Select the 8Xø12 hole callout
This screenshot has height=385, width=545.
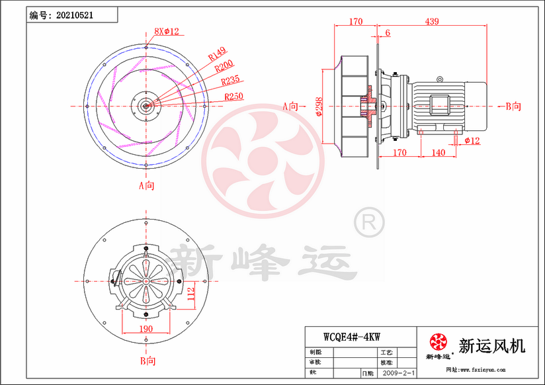pyautogui.click(x=167, y=30)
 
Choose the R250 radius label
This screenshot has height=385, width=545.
pyautogui.click(x=233, y=97)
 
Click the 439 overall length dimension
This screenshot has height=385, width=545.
pyautogui.click(x=431, y=22)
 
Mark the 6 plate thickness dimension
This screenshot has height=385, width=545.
pyautogui.click(x=387, y=32)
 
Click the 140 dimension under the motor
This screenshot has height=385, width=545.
pyautogui.click(x=437, y=153)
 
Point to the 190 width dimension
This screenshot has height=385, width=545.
pyautogui.click(x=146, y=329)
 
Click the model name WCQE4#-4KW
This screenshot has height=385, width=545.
pyautogui.click(x=351, y=336)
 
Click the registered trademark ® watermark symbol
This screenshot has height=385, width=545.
pyautogui.click(x=369, y=222)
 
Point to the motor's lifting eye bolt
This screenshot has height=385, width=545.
pyautogui.click(x=439, y=80)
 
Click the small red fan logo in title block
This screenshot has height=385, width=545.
pyautogui.click(x=438, y=342)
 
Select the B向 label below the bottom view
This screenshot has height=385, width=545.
pyautogui.click(x=147, y=361)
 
